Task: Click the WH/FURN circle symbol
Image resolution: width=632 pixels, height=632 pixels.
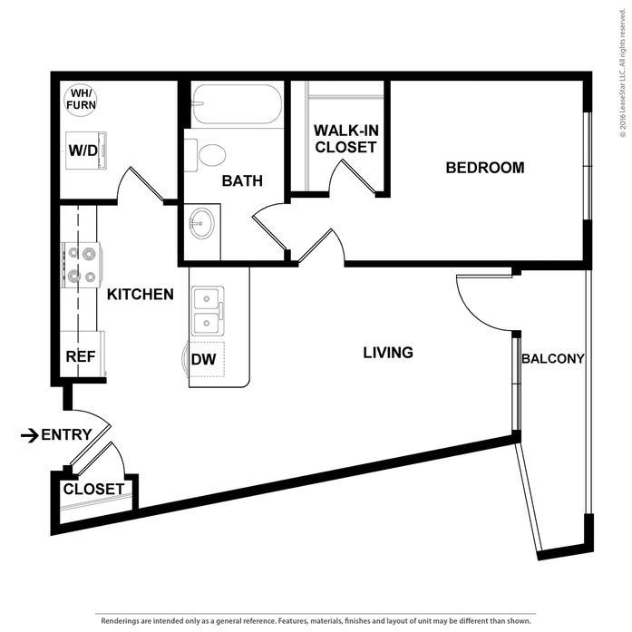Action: (81, 100)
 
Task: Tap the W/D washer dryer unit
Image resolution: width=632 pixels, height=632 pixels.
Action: (86, 150)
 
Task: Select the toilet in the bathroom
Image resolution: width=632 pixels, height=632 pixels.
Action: (205, 155)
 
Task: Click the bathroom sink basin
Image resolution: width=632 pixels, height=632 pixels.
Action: (202, 223)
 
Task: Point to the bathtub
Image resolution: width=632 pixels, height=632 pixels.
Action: (236, 104)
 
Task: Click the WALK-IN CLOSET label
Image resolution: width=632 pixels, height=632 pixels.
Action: (345, 139)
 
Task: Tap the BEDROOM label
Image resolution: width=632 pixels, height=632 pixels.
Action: (485, 168)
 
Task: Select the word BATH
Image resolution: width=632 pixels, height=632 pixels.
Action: (242, 181)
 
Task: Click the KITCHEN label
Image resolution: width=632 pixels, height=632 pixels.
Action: (141, 294)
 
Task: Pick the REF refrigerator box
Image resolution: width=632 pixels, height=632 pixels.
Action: (83, 355)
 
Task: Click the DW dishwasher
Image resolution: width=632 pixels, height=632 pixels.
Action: (207, 360)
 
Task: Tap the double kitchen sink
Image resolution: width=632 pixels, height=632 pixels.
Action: (208, 311)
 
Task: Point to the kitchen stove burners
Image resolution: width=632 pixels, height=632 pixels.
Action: (82, 265)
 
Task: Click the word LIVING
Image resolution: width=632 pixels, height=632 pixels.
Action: (388, 353)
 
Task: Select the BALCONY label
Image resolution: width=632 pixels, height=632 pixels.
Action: (552, 358)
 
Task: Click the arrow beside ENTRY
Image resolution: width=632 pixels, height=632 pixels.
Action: (30, 435)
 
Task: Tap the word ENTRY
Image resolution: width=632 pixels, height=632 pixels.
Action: (66, 435)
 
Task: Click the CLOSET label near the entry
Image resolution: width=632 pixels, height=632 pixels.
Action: (93, 490)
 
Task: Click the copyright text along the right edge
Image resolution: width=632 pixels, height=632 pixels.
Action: (623, 73)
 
